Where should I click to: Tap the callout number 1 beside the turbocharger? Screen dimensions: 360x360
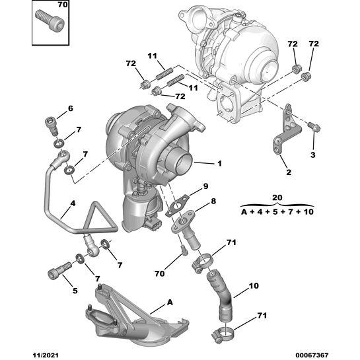point(219,163)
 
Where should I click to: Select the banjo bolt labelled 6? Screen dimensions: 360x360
point(51,126)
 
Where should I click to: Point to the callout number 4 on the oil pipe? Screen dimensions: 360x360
point(73,203)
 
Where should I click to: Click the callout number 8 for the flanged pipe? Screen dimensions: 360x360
point(213,201)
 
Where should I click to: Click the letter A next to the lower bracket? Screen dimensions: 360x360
point(170,302)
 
